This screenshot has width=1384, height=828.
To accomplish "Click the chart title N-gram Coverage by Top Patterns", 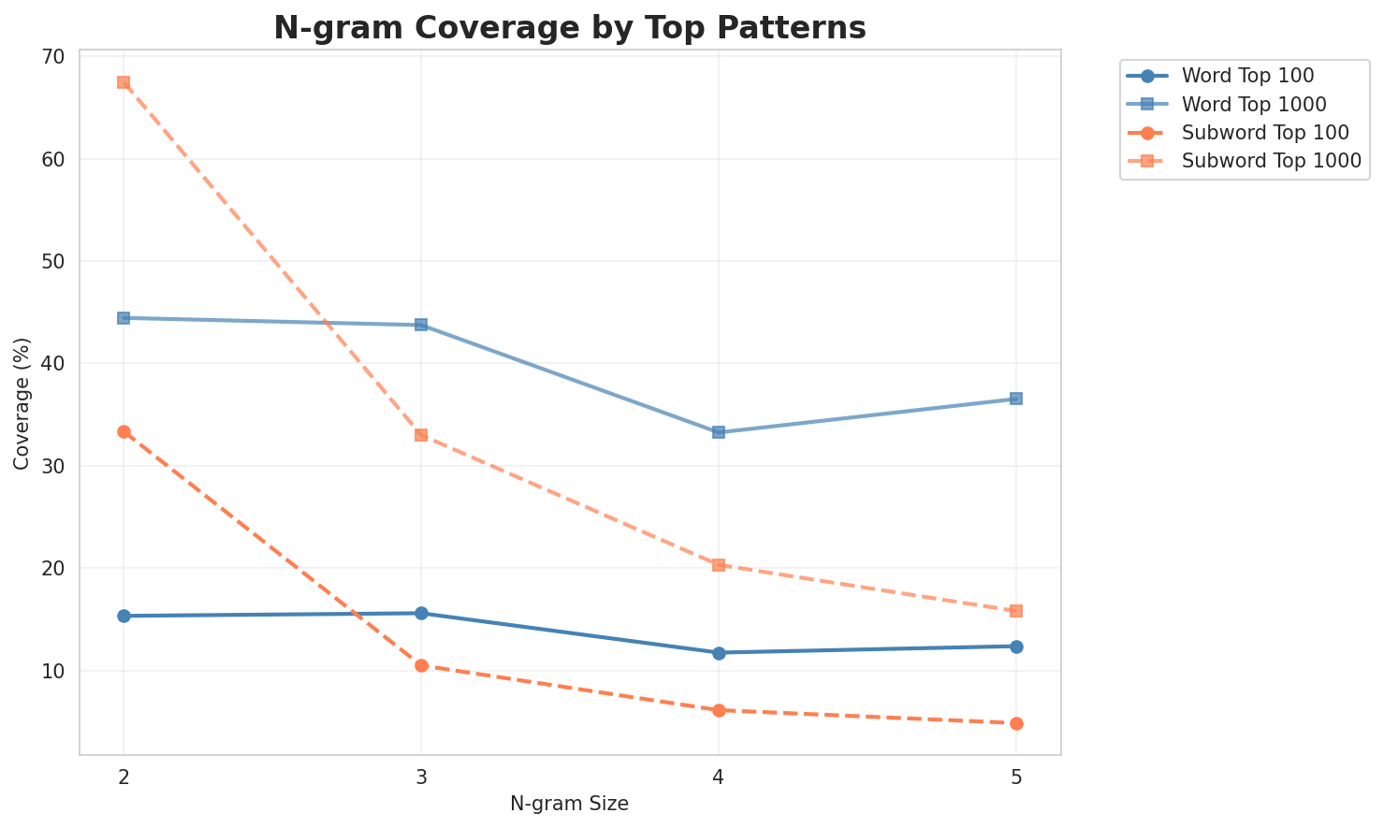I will tap(569, 28).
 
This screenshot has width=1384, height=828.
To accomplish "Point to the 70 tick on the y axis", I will tap(54, 57).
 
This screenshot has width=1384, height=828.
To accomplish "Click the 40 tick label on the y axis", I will tap(54, 364).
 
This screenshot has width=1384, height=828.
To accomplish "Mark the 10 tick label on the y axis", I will tap(54, 672).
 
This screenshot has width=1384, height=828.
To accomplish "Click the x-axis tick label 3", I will tap(421, 777).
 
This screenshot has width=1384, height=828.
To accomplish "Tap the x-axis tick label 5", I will tap(1016, 777).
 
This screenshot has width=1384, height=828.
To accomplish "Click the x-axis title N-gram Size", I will tap(569, 804).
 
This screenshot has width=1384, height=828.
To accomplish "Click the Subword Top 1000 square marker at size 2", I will tap(124, 82).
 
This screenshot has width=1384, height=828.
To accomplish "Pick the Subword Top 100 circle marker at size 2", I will tap(124, 431).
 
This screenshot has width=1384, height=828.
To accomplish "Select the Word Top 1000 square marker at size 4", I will tap(719, 432).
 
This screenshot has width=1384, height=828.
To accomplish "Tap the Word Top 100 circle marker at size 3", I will tap(421, 614).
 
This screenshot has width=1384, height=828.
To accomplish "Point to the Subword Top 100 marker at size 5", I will tap(1016, 723).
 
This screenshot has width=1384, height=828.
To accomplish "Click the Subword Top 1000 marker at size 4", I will tap(719, 565).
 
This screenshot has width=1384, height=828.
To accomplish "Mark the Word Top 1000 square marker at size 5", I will tap(1016, 399).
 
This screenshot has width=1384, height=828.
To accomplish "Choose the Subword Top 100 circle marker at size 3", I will tap(421, 665).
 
